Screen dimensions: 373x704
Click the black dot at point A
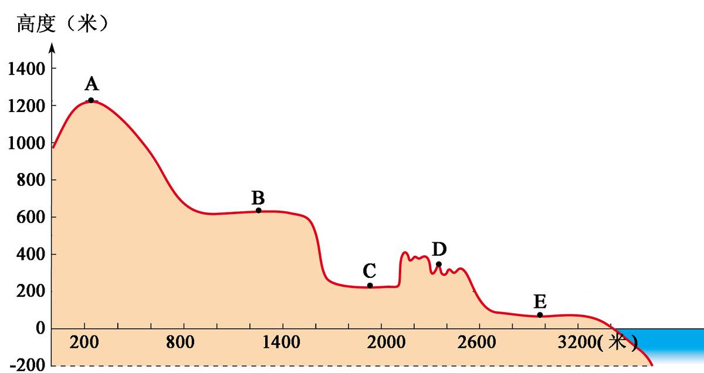[x=91, y=100]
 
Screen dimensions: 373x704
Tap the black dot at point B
[x=258, y=211]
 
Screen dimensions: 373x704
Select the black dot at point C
[x=370, y=286]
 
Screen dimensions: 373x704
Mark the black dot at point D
[x=438, y=264]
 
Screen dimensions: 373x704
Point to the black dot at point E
[x=540, y=315]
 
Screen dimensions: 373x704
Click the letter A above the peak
[x=91, y=84]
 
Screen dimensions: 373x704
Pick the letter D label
[x=439, y=249]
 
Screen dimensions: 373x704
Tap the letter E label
[x=540, y=302]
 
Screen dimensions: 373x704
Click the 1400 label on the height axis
[x=26, y=69]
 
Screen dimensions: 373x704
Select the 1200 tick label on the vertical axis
[x=26, y=106]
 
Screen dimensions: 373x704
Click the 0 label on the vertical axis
[x=40, y=328]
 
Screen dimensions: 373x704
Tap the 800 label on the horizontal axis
[x=184, y=343]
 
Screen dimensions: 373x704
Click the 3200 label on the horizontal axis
[x=578, y=343]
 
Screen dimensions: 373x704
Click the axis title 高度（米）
[x=62, y=24]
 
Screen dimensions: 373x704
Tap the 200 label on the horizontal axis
[x=85, y=343]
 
